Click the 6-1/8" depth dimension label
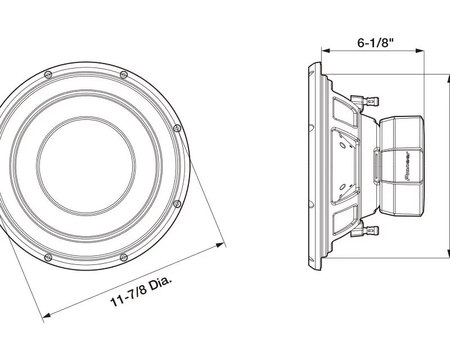coord(375,43)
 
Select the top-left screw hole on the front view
coord(48,75)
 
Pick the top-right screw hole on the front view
coord(123,75)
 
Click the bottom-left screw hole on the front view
coord(48,258)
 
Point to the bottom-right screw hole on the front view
coord(123,258)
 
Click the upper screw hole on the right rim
coord(178,128)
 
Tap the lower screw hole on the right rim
coord(178,204)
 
